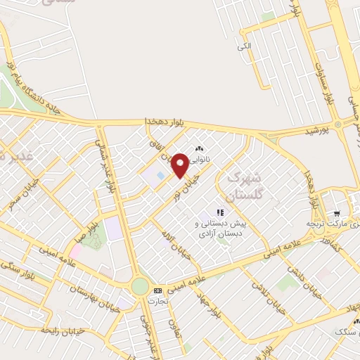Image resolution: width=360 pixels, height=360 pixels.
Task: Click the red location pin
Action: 180,165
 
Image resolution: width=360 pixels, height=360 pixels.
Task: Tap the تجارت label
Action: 156,301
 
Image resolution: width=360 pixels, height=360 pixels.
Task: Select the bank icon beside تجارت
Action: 157,290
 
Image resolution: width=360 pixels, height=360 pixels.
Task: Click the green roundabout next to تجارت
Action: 140,286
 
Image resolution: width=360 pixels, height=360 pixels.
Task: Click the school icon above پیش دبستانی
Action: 220,212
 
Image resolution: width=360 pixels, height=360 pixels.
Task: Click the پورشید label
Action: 316,131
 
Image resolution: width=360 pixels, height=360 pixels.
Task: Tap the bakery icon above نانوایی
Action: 199,149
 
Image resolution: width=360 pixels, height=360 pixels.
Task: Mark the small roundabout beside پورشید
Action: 339,125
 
